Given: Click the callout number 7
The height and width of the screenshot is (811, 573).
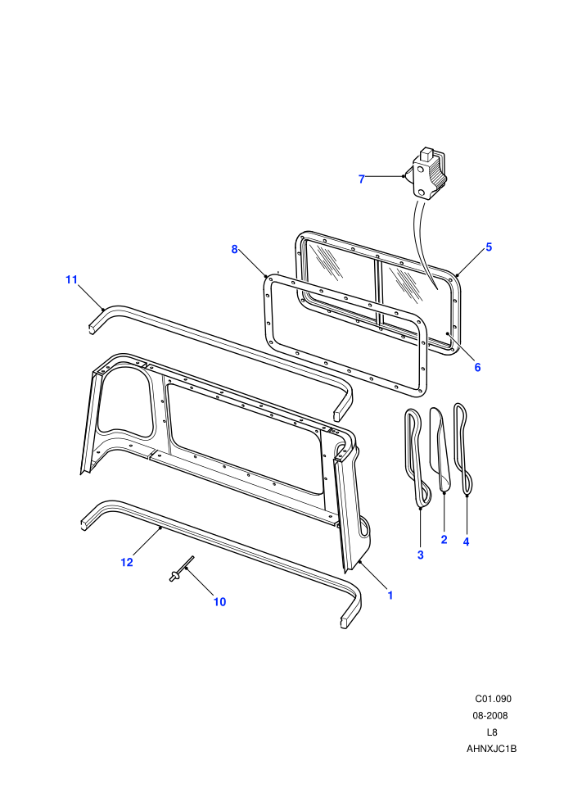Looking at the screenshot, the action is point(362,179).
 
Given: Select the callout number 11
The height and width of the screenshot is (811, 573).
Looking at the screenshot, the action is point(71,280).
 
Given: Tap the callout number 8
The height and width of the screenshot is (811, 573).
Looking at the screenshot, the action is point(235,249).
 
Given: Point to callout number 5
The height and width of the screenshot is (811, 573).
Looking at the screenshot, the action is point(489,247).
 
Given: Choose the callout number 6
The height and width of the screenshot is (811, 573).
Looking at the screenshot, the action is point(477,367).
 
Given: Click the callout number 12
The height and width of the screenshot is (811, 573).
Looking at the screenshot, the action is point(127,562).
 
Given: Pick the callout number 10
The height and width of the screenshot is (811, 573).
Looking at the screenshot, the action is point(219,602).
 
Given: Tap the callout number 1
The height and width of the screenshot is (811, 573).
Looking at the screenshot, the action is point(390,596).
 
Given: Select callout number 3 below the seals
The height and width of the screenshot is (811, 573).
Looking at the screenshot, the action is point(421,555).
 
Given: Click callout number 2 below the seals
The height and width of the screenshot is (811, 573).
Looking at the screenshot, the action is point(444,540).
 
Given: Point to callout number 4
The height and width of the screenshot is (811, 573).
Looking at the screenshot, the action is point(466,542).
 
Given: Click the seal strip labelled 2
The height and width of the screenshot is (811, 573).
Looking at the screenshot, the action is point(440,449).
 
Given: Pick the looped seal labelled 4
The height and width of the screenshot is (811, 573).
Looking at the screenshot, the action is point(463,448).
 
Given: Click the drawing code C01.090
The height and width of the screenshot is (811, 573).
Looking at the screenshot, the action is point(493,699).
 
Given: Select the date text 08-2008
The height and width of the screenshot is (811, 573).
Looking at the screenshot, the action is point(490,716).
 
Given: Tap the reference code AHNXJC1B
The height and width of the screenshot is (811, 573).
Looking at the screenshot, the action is point(491,749).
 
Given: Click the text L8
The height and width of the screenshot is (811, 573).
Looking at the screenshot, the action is point(492,732).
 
